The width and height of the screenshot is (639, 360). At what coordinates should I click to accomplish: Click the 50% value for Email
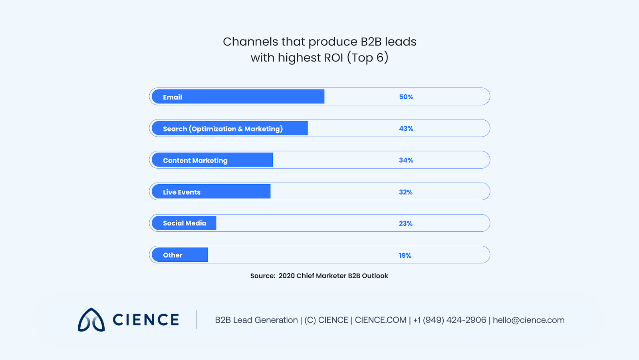point(406,97)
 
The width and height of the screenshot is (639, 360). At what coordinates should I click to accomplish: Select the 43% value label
point(406,129)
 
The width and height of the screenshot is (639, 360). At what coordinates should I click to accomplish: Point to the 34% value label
point(406,160)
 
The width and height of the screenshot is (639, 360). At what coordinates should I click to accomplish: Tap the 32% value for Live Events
point(406,192)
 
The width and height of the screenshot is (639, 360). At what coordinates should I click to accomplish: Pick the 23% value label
point(406,224)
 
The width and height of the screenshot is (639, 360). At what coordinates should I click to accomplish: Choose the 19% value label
point(405,256)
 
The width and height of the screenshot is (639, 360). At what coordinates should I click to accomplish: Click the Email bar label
point(173,97)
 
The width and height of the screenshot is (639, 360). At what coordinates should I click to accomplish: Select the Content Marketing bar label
point(195,161)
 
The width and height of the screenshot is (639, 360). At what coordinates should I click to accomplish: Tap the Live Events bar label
point(182,192)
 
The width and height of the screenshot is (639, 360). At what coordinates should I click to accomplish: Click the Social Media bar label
point(185,223)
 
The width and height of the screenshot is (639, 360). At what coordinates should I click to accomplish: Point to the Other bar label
point(173,255)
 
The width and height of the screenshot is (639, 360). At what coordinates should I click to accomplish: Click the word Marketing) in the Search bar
point(264,129)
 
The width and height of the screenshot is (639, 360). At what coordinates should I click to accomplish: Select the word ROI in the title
point(333,58)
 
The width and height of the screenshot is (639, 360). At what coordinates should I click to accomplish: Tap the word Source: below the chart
point(263,276)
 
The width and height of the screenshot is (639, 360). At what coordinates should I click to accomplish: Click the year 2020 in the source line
point(286,276)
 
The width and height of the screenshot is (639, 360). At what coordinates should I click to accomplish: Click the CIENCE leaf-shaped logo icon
point(91,320)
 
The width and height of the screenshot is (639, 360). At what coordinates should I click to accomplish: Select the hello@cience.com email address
point(528,320)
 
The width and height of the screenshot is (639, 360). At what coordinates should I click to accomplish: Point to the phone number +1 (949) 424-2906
point(450,320)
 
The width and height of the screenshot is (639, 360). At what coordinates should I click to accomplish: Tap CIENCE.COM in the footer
point(381,320)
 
